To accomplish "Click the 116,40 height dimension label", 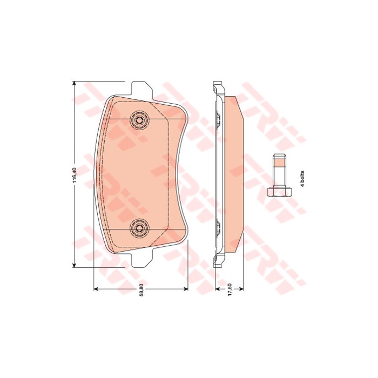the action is [x=75, y=175].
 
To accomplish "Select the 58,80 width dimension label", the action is [x=141, y=290].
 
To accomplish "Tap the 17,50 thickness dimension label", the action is [x=230, y=290].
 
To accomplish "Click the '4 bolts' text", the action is [x=302, y=178].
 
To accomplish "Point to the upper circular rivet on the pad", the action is [x=139, y=119].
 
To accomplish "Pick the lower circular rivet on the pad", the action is [x=139, y=227].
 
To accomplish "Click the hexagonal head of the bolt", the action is [x=279, y=192].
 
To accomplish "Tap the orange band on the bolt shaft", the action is [x=279, y=164].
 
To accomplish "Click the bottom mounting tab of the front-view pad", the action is [x=141, y=259].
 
